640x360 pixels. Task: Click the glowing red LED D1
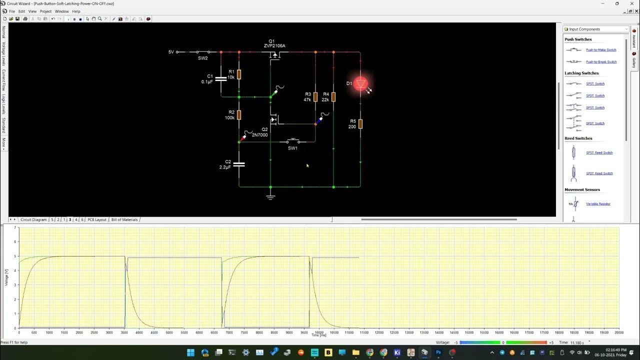coord(360,84)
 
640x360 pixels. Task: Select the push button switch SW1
coord(293,141)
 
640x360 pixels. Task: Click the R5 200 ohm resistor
coord(360,124)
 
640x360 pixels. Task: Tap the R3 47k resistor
coord(315,97)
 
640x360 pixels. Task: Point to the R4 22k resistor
coord(333,97)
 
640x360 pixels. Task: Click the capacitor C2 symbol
coord(239,164)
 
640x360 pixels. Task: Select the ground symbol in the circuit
coord(270,196)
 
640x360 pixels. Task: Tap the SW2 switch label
coord(202,58)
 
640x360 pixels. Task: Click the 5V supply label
coord(171,52)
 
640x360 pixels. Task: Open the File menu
coord(12,11)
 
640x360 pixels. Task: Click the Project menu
coord(45,11)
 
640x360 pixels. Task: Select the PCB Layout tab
coord(97,219)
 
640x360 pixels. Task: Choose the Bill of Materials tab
coord(124,219)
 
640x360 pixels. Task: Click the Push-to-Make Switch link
coord(601,50)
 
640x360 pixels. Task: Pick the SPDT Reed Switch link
coord(599,173)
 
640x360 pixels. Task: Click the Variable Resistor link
coord(598,204)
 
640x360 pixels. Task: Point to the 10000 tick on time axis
coord(319,332)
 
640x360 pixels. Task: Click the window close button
coord(631,3)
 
